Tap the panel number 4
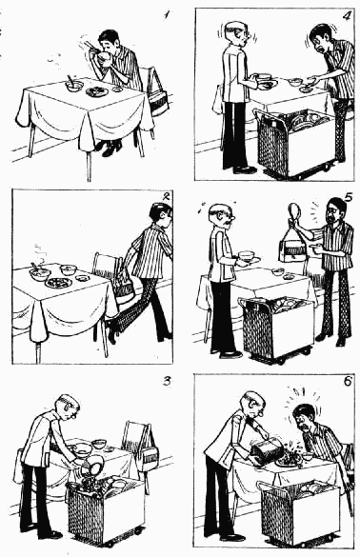click(x=345, y=16)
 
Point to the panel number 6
click(x=347, y=381)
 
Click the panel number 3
click(x=167, y=381)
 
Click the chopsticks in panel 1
click(x=89, y=46)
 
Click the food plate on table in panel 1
click(x=97, y=92)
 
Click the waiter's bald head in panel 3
click(x=68, y=405)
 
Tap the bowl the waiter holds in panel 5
click(x=247, y=255)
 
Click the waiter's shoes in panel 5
click(x=227, y=353)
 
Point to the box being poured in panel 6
click(x=267, y=449)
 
